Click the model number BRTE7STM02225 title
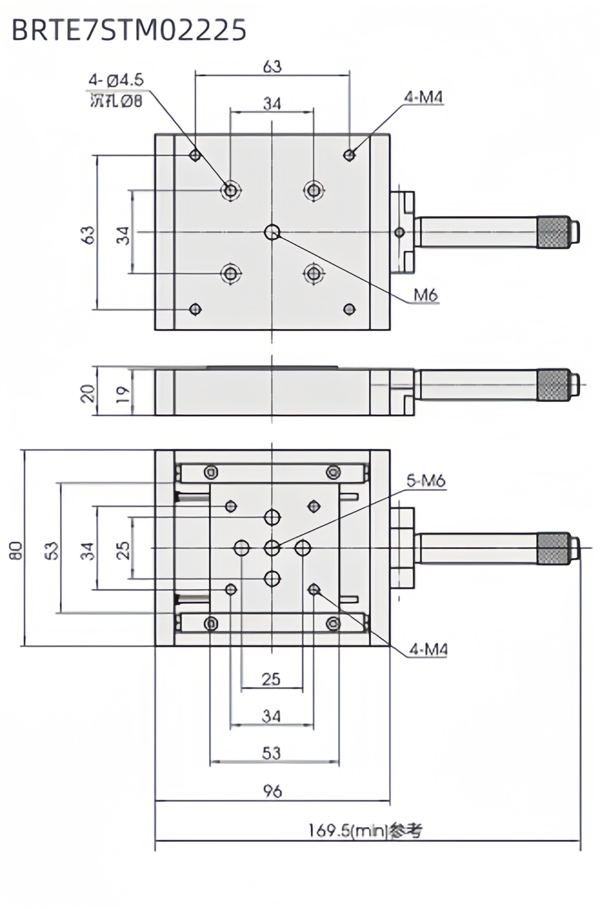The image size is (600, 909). pos(129,30)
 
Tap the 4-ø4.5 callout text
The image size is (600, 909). pos(116,80)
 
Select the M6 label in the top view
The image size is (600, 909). pos(425,295)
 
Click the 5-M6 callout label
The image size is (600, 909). pos(425,481)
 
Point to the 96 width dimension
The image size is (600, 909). pos(272,791)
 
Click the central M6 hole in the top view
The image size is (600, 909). pos(272,232)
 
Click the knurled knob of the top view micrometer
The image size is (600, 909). pos(553,232)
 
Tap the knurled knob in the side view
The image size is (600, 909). pos(553,385)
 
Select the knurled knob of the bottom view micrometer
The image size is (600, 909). pos(553,549)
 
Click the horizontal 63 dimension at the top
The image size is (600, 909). pos(272,67)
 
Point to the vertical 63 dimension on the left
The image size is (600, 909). pos(89,235)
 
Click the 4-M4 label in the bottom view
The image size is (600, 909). pos(428,650)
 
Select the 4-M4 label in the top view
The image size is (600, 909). pos(423,97)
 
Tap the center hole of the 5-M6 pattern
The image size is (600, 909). pos(272,548)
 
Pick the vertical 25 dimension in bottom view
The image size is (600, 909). pos(123,549)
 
